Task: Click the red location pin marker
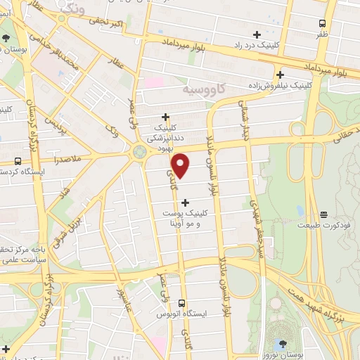pyautogui.click(x=181, y=166)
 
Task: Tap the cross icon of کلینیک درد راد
pyautogui.click(x=257, y=34)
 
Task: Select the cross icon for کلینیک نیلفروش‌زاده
pyautogui.click(x=281, y=74)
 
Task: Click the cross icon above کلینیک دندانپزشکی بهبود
pyautogui.click(x=166, y=117)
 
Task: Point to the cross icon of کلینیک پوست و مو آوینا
pyautogui.click(x=185, y=204)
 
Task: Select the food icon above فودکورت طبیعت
pyautogui.click(x=323, y=214)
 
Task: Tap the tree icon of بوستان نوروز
pyautogui.click(x=282, y=345)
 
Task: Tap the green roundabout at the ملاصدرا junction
pyautogui.click(x=139, y=150)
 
